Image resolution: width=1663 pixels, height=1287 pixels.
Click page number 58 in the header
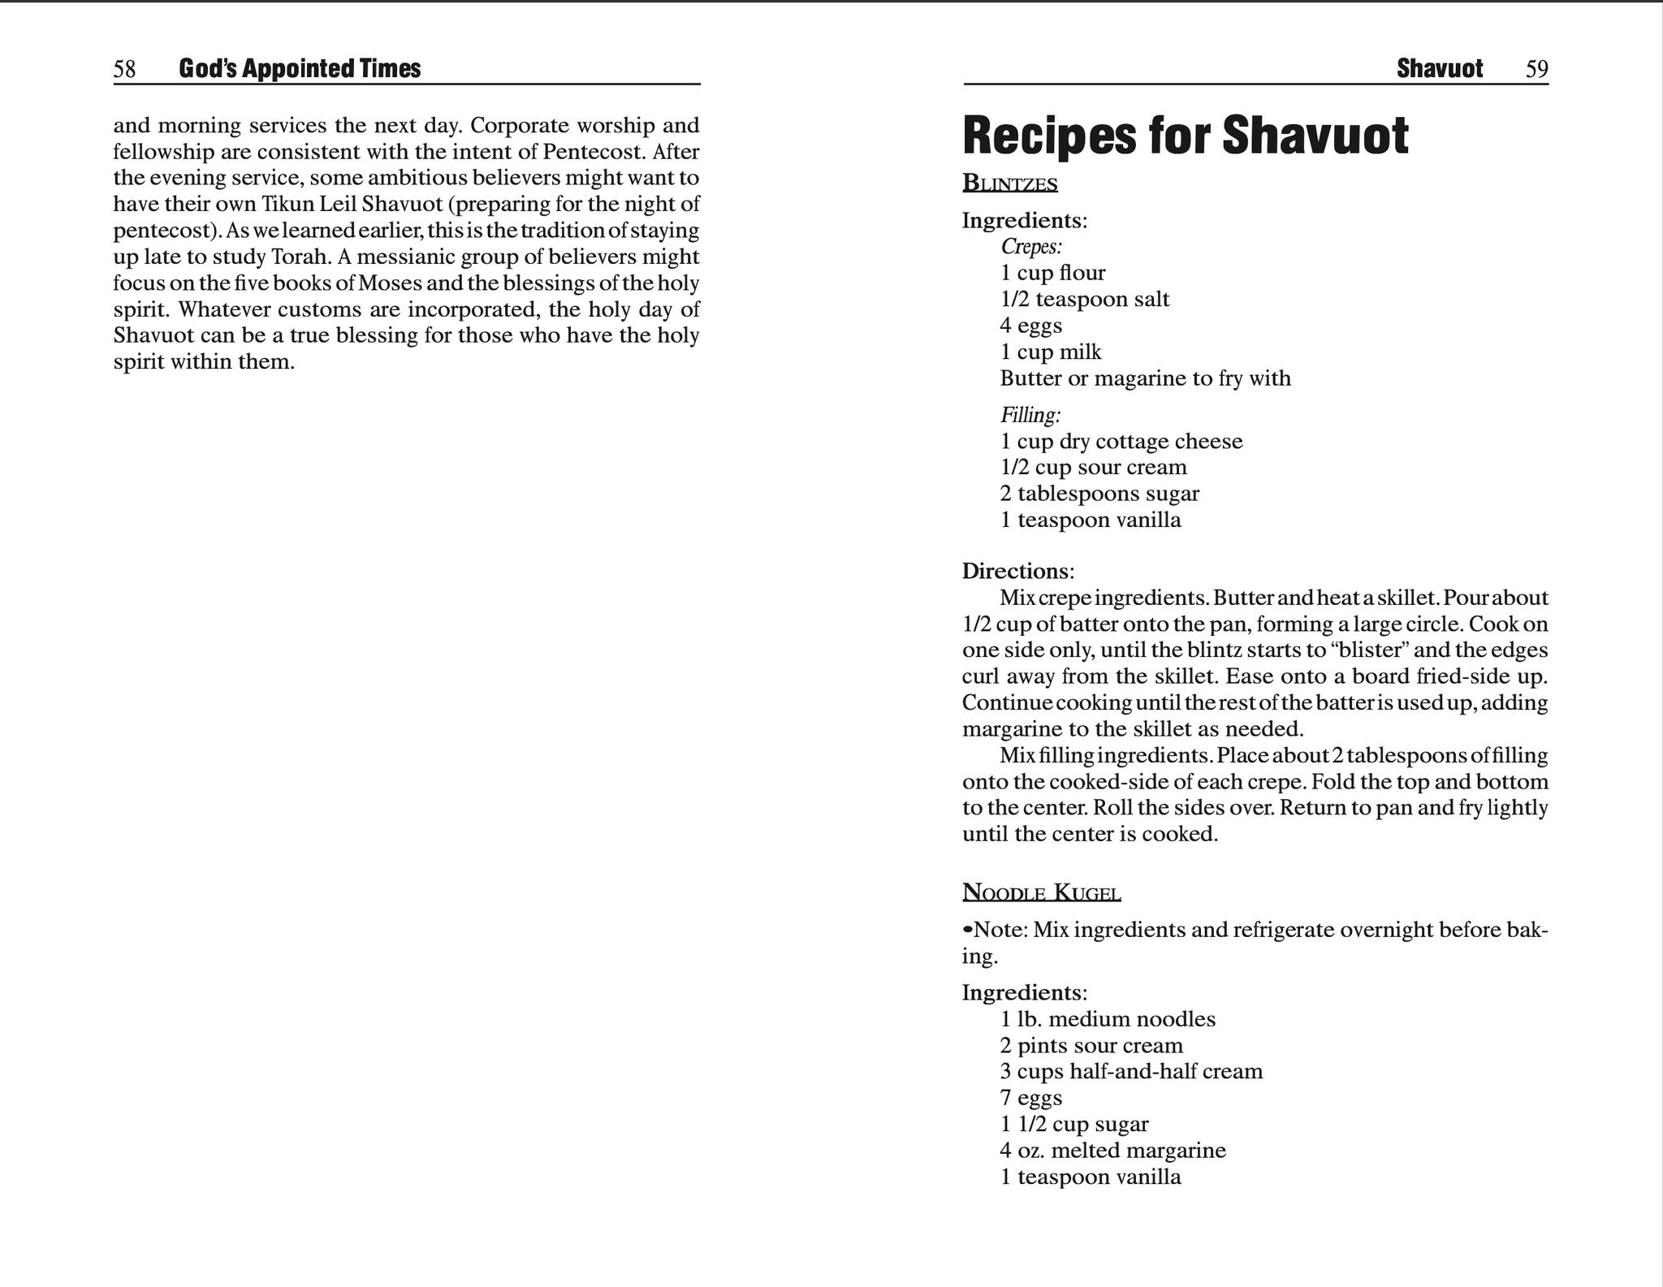124,70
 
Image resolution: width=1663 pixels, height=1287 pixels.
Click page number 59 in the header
1536,70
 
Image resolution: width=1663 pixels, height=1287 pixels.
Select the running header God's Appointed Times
300,69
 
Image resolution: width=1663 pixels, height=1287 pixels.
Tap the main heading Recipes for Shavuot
1185,136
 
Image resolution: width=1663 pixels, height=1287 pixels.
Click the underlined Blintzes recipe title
1009,184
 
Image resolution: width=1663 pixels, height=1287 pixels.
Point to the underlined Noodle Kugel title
1041,893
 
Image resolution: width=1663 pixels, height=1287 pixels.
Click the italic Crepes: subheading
1031,246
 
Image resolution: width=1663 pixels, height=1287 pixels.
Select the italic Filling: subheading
1030,415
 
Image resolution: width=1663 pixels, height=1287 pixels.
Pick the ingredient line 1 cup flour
1052,273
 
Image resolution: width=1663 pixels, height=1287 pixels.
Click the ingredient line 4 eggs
1030,326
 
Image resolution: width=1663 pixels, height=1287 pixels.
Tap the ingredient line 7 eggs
1030,1098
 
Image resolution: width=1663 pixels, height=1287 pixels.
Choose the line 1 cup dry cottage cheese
1121,442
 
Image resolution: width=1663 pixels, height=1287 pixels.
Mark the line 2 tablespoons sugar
1099,494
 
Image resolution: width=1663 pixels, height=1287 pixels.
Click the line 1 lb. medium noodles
1108,1019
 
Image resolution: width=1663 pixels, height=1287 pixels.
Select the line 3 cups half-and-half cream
1131,1072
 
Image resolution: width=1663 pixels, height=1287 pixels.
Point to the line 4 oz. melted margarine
1112,1151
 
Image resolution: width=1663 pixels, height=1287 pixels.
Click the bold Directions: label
1017,571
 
